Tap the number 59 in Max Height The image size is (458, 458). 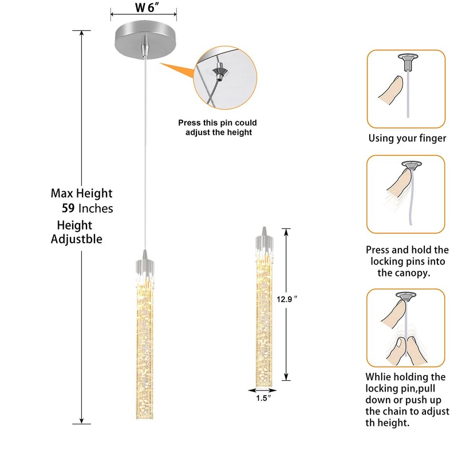[68, 208]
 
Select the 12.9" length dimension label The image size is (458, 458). [287, 299]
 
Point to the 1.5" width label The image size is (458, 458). [263, 398]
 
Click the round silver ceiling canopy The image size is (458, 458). [146, 40]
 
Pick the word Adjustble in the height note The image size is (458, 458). [77, 239]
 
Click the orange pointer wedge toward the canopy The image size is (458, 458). [177, 71]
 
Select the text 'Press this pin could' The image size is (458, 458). [218, 123]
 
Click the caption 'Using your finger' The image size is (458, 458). [407, 138]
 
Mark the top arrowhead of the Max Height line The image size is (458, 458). [81, 33]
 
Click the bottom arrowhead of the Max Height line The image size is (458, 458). [81, 421]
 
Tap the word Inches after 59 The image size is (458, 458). [96, 208]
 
